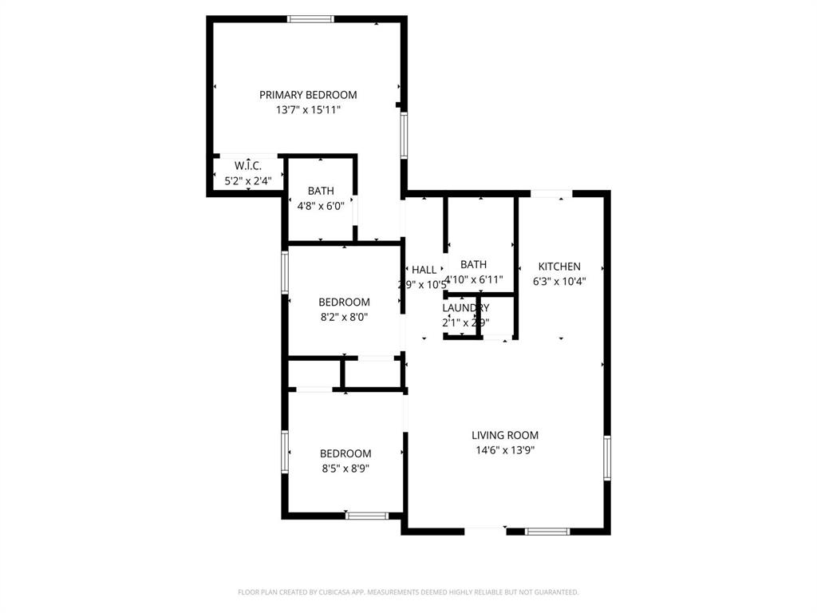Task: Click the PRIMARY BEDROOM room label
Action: click(x=308, y=95)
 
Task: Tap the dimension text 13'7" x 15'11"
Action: click(x=308, y=110)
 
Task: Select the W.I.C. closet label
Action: click(x=248, y=166)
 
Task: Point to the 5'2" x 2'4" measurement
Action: click(x=248, y=180)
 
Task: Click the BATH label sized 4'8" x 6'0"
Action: click(x=321, y=191)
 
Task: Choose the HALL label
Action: click(x=424, y=270)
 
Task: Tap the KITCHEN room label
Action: click(x=559, y=267)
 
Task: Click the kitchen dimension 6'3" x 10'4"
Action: click(x=559, y=281)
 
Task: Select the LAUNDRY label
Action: click(x=466, y=308)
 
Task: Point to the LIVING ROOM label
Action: click(x=505, y=435)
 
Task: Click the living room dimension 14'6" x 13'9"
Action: click(x=505, y=450)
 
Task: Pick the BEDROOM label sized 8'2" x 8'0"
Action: click(x=344, y=302)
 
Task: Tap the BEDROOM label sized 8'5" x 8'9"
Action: click(x=345, y=453)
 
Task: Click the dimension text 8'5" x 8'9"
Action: click(x=345, y=469)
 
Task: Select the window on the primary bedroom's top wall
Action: click(x=310, y=19)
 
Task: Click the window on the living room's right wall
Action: click(x=606, y=457)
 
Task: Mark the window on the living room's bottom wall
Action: click(x=547, y=531)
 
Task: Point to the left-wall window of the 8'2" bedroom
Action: click(x=285, y=273)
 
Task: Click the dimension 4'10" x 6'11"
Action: click(x=473, y=279)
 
